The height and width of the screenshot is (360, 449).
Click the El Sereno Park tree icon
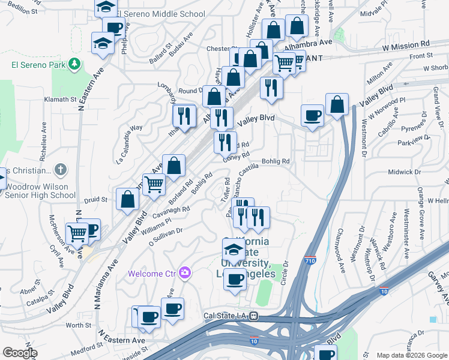point(74,63)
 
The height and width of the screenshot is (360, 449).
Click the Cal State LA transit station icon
point(254,316)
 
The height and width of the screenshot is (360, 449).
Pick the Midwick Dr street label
point(405,172)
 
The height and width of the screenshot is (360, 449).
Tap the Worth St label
point(78,325)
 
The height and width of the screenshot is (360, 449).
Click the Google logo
point(20,353)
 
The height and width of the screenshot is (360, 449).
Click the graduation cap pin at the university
point(234,248)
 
